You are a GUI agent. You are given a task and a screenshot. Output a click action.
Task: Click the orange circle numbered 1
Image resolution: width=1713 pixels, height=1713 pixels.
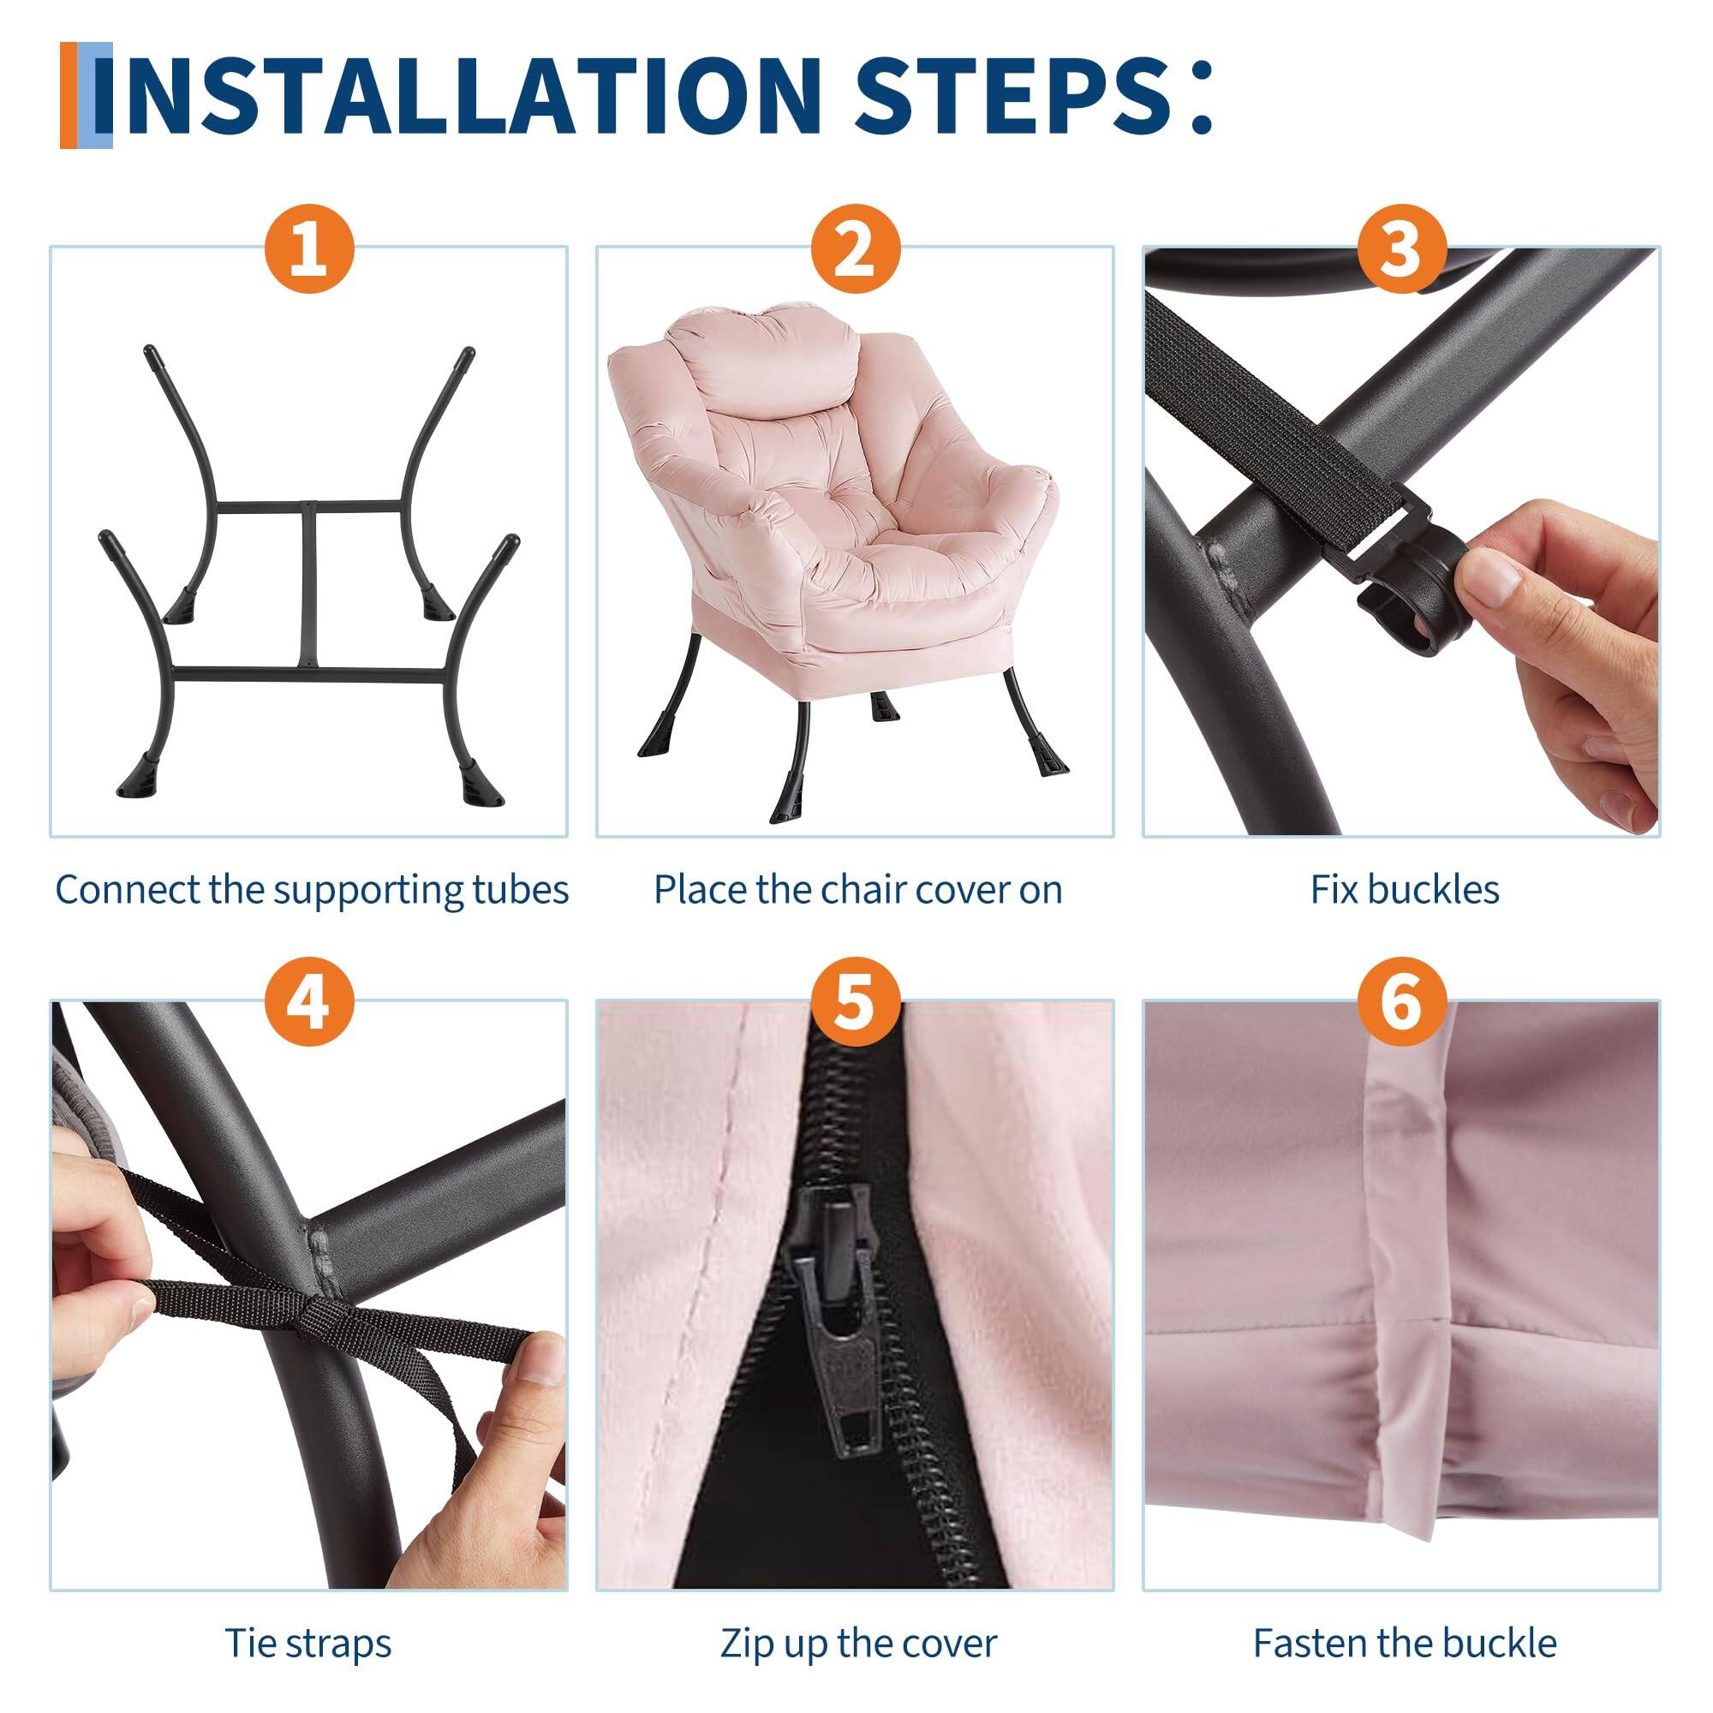pos(308,248)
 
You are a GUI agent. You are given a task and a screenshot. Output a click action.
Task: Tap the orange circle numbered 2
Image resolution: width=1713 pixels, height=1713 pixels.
pos(855,248)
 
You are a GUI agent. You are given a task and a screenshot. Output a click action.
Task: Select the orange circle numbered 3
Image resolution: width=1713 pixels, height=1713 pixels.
pos(1401,248)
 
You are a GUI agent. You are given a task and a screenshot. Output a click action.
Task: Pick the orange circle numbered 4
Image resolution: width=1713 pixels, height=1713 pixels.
pos(308,1003)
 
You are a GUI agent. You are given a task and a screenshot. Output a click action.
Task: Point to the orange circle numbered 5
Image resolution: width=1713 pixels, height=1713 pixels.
pos(855,1003)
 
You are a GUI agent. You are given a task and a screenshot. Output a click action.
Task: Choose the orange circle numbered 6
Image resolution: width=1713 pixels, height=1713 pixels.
pos(1401,1003)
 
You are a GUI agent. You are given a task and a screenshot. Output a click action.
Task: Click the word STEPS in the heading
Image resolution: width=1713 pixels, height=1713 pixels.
pos(1011,95)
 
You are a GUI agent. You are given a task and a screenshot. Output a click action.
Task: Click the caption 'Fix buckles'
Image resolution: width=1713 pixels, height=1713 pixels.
pos(1405,889)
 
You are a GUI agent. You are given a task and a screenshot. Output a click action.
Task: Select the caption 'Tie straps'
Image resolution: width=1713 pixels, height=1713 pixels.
pos(307,1618)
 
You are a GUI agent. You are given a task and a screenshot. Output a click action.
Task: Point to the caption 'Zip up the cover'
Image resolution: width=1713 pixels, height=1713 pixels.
pos(857,1618)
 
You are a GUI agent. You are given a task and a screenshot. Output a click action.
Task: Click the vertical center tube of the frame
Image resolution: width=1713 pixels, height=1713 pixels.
pos(307,585)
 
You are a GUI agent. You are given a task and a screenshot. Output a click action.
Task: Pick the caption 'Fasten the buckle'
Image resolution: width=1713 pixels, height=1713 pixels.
pos(1405,1618)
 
